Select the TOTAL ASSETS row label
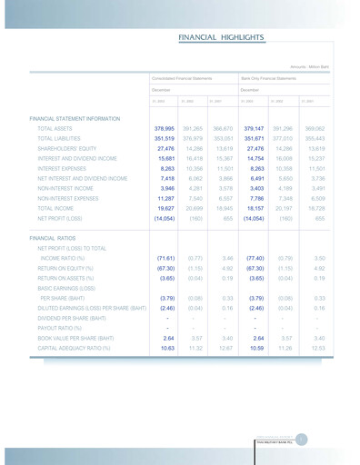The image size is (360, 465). point(56,130)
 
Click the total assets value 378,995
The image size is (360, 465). point(165,130)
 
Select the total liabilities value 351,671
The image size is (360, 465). point(254,139)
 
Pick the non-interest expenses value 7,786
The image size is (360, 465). point(255,197)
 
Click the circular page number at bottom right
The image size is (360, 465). point(302,440)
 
